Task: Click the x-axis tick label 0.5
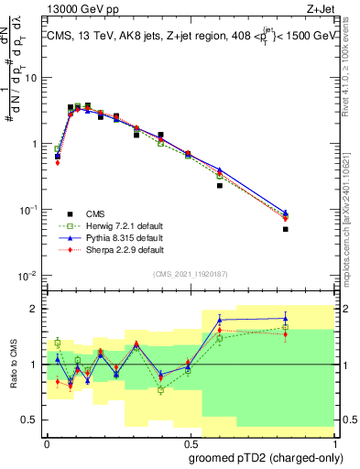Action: (190, 442)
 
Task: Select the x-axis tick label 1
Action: (333, 442)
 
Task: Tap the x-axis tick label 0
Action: (47, 442)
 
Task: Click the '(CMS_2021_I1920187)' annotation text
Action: (190, 275)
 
